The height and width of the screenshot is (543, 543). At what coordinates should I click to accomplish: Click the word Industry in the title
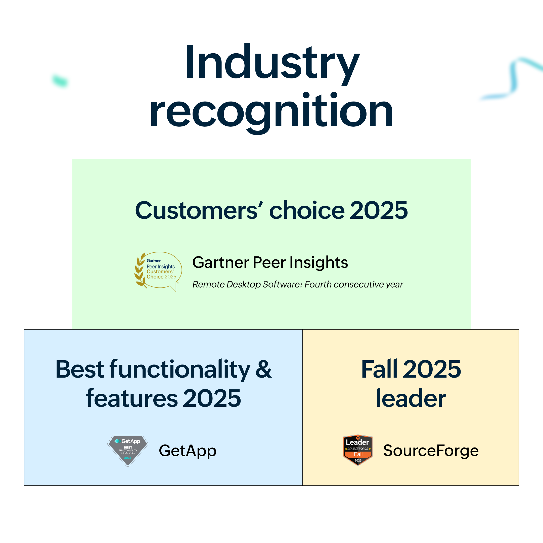(272, 63)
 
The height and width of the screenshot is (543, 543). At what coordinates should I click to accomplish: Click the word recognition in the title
(271, 111)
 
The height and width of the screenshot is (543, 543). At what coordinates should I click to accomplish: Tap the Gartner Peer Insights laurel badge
(158, 272)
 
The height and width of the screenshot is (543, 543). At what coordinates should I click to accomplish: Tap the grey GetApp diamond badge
(128, 450)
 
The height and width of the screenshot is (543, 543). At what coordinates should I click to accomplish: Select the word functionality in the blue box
(180, 370)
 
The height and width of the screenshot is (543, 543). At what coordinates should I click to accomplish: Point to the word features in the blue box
(132, 398)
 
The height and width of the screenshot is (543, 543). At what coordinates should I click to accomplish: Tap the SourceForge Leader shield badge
(358, 450)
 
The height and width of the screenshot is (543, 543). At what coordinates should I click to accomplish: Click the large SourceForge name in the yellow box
(431, 451)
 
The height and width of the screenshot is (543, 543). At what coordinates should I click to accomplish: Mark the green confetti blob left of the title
(60, 81)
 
